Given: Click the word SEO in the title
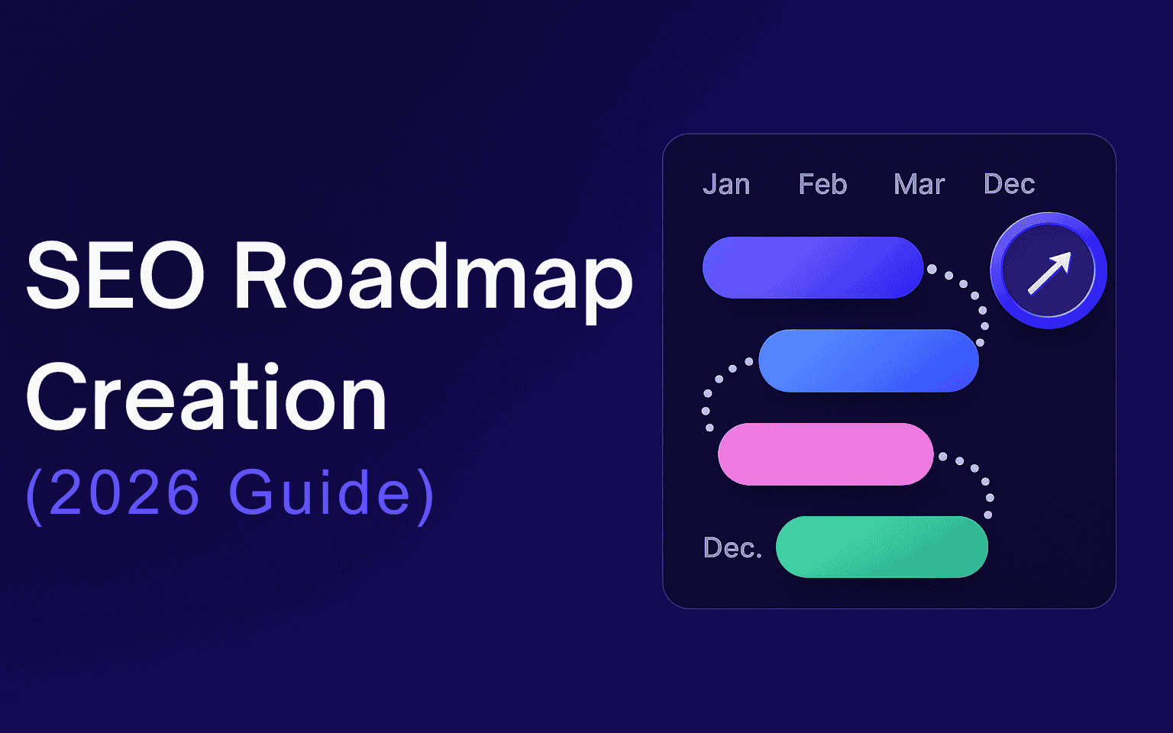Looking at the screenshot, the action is tap(115, 276).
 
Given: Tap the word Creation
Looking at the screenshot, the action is tap(206, 397).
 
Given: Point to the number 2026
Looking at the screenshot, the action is tap(124, 492).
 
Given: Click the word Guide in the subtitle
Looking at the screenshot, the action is tap(319, 492).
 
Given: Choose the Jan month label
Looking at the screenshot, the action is tap(726, 184).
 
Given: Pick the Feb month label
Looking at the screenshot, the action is tap(822, 184).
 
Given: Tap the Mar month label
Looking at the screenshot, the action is tap(919, 184).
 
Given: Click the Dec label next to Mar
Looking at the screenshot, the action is tap(1009, 184).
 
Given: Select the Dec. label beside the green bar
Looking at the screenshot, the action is tap(732, 547).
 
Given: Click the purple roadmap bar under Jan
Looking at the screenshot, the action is tap(813, 267).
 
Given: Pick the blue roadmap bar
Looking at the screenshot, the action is tap(869, 360).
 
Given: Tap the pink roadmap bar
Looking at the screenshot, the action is tap(826, 454).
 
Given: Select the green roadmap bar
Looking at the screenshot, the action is tap(882, 547).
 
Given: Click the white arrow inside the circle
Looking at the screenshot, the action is tap(1050, 273).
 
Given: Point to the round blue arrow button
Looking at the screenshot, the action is tap(1049, 271).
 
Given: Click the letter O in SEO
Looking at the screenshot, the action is tap(171, 276).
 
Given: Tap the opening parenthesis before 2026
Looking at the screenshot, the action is tap(34, 496).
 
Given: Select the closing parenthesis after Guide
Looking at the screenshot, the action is tap(425, 496).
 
